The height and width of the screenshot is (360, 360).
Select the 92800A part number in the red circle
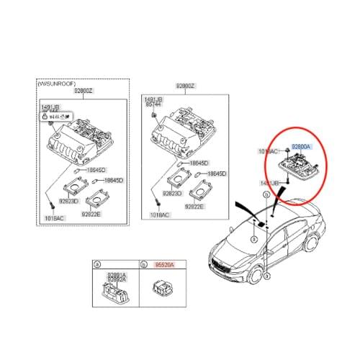pos(301,146)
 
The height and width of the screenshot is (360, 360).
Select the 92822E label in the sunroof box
pos(91,214)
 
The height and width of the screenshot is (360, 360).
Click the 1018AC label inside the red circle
pos(268,152)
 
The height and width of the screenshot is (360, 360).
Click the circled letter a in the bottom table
pos(98,265)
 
